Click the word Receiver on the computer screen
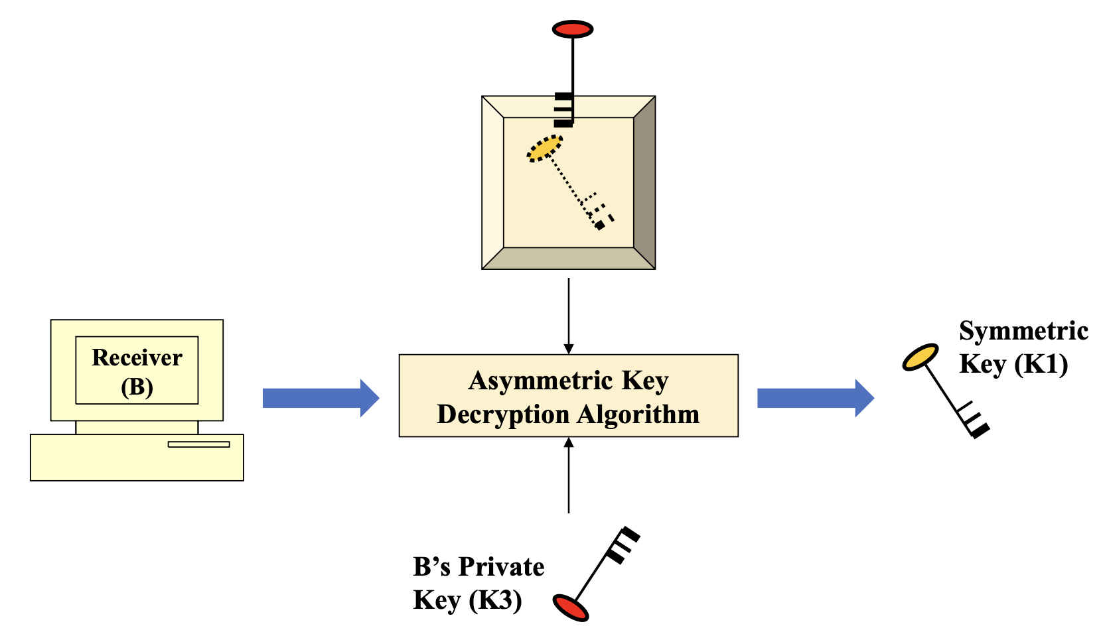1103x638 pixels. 137,358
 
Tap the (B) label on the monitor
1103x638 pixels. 137,387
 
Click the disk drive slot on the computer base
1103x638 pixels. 198,444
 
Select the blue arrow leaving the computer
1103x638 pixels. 321,398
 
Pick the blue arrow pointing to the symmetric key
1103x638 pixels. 815,398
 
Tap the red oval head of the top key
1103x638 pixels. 572,29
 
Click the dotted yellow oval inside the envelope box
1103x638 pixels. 544,149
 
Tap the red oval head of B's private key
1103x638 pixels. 571,607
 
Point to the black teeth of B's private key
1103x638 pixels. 622,544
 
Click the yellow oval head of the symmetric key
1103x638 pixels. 920,357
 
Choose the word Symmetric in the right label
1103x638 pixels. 1023,331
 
